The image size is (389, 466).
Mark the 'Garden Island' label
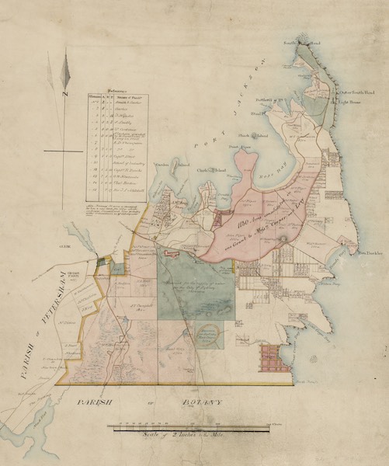(166, 165)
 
